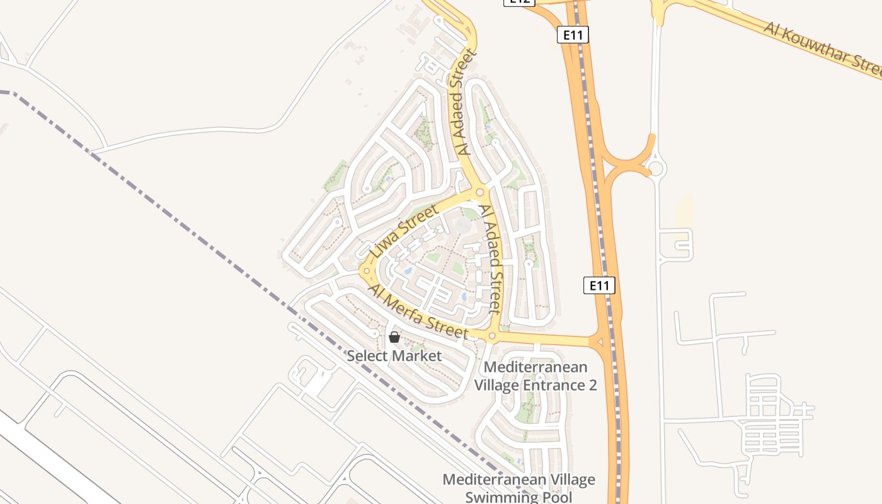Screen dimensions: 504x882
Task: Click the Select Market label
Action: pyautogui.click(x=394, y=356)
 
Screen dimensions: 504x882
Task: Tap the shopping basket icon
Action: pyautogui.click(x=394, y=337)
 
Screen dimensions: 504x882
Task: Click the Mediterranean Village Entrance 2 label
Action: pyautogui.click(x=535, y=376)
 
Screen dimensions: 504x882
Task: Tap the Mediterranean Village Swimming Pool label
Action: pyautogui.click(x=518, y=488)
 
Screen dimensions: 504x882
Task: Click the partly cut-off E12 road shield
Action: pyautogui.click(x=518, y=2)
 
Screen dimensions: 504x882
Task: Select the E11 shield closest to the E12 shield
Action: pyautogui.click(x=573, y=35)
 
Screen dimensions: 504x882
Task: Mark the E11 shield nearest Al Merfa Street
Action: pyautogui.click(x=598, y=285)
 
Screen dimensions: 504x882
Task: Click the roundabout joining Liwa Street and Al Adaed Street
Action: pyautogui.click(x=479, y=192)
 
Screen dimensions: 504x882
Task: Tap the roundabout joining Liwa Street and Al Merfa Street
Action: pyautogui.click(x=366, y=271)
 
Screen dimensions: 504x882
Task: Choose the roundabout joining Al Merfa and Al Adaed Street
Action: pyautogui.click(x=492, y=336)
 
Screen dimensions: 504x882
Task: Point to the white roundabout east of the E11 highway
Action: pyautogui.click(x=656, y=168)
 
